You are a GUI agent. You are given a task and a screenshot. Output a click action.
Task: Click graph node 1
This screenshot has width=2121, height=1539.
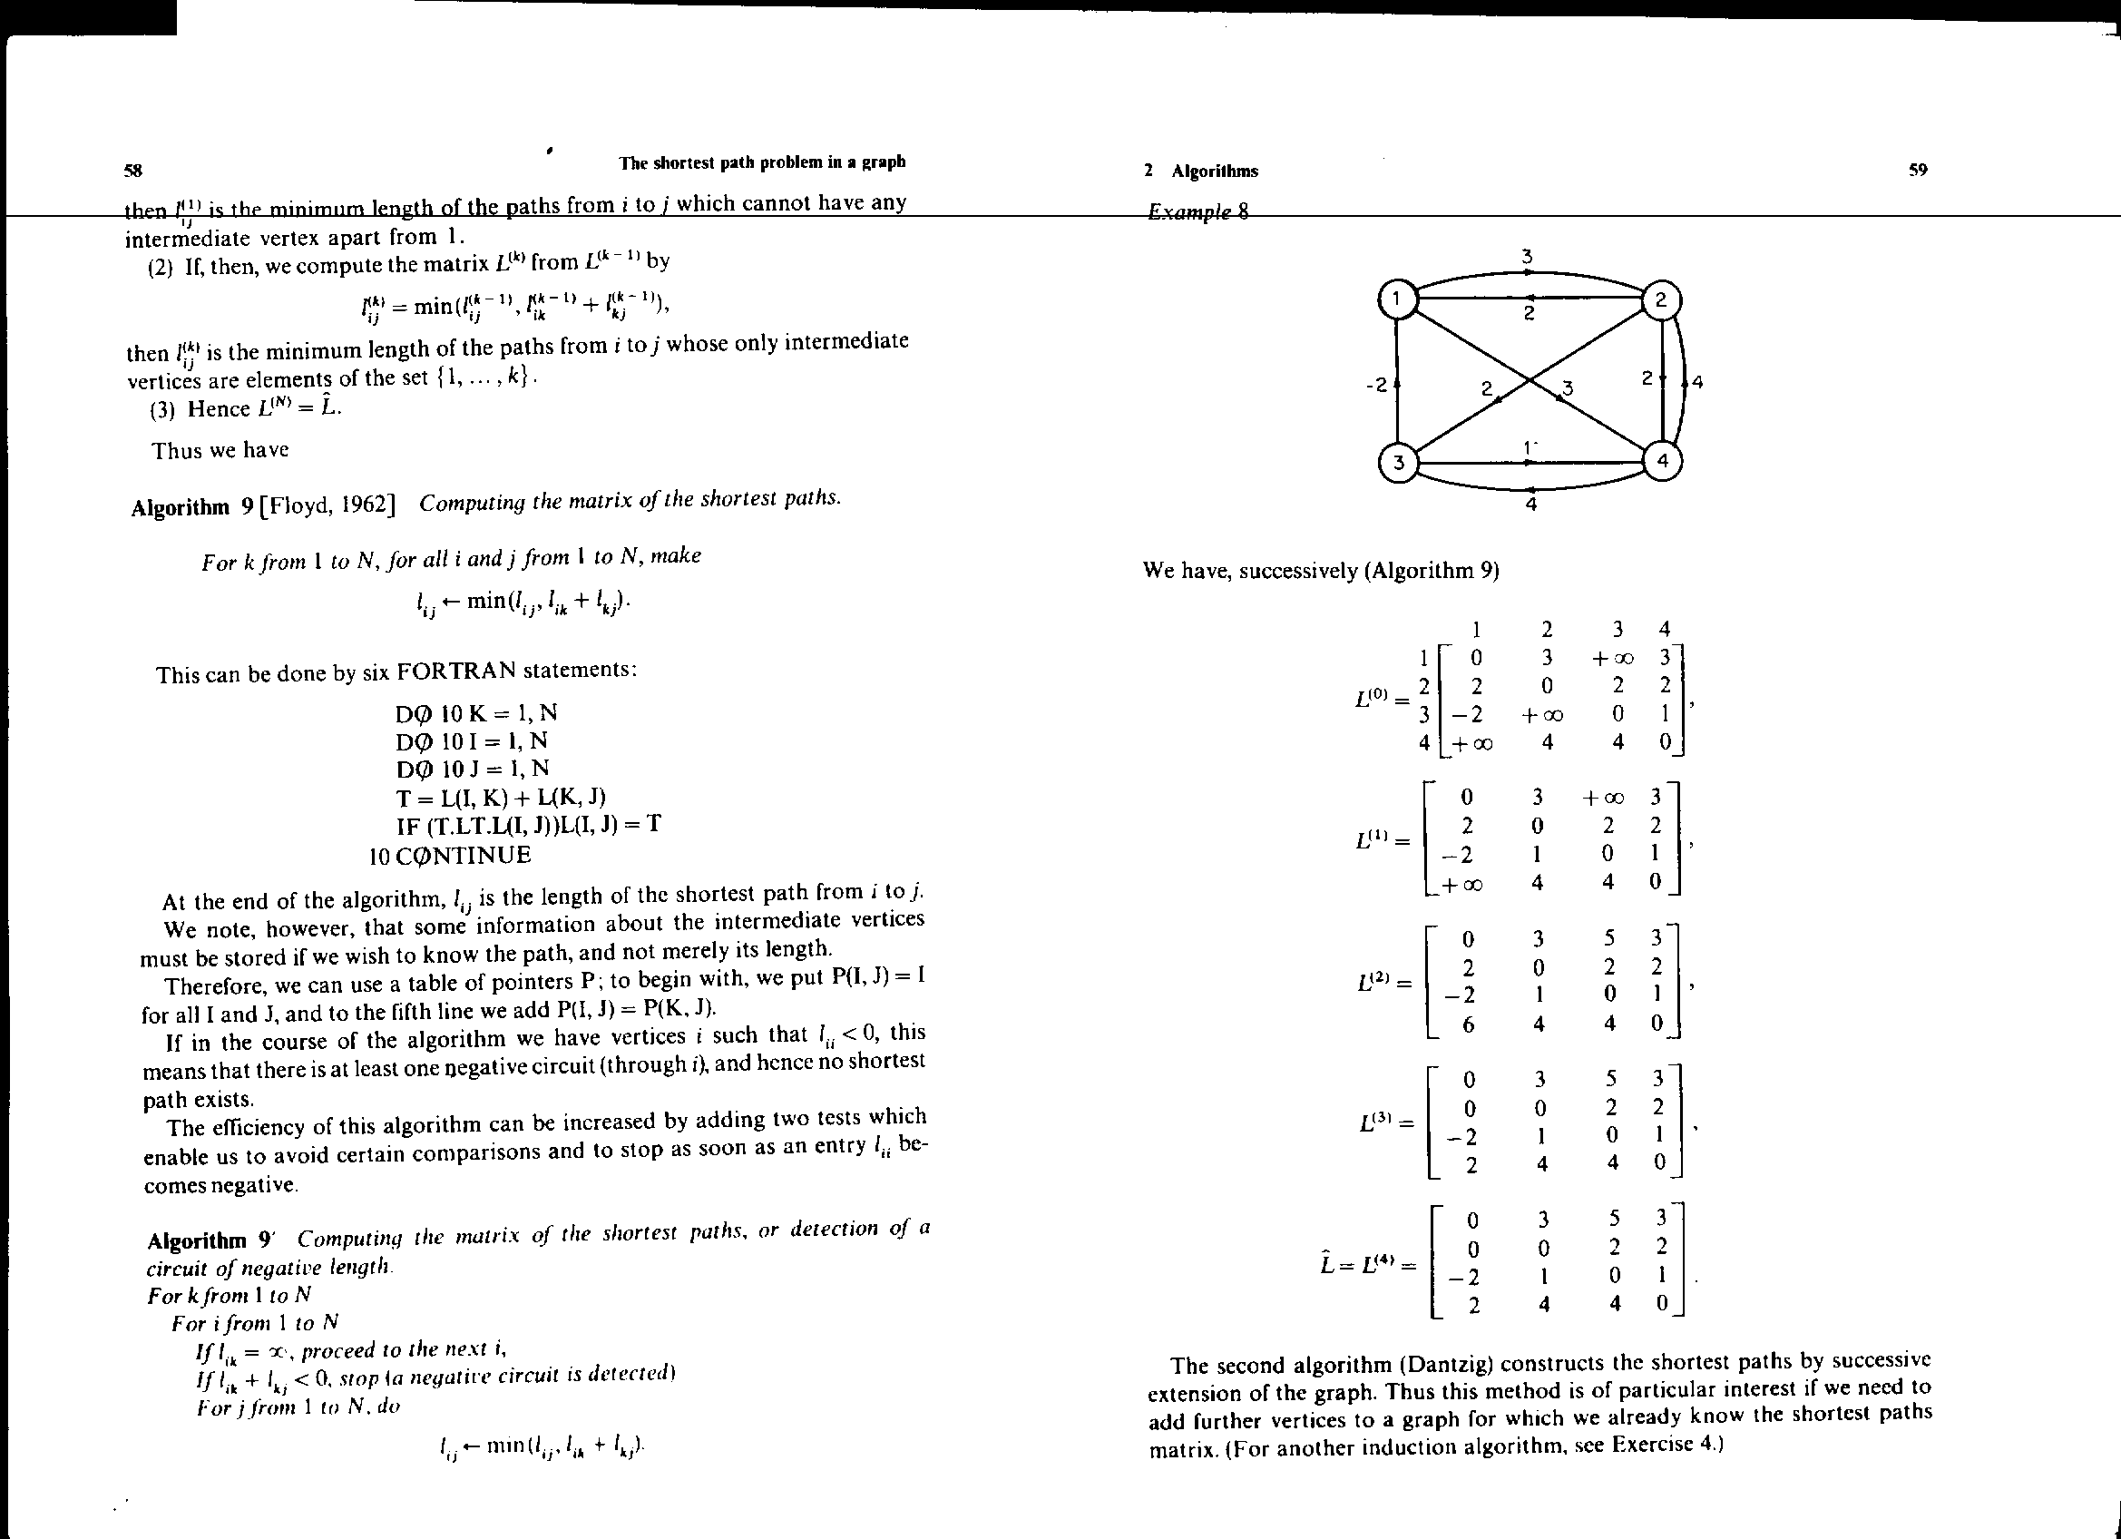coord(1397,299)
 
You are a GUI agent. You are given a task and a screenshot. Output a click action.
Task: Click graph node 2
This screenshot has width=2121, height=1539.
coord(1662,300)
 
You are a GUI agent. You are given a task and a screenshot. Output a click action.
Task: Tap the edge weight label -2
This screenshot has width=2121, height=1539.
coord(1375,385)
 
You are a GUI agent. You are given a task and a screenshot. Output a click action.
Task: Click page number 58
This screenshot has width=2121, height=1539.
coord(132,171)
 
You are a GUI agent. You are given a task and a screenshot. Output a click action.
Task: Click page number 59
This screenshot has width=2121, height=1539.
coord(1918,170)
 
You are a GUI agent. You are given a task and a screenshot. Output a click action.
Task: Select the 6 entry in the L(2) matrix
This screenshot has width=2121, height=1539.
coord(1468,1024)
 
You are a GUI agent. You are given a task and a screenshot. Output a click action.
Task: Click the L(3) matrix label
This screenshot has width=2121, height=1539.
coord(1376,1122)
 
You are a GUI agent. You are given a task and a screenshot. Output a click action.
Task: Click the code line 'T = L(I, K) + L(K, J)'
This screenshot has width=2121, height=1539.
coord(502,797)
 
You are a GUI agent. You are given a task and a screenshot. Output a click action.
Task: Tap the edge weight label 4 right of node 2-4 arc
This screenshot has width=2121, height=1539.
coord(1697,382)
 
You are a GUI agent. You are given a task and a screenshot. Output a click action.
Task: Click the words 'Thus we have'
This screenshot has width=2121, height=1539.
coord(220,450)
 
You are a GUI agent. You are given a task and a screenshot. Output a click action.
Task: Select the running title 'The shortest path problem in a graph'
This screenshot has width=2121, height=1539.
coord(761,162)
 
